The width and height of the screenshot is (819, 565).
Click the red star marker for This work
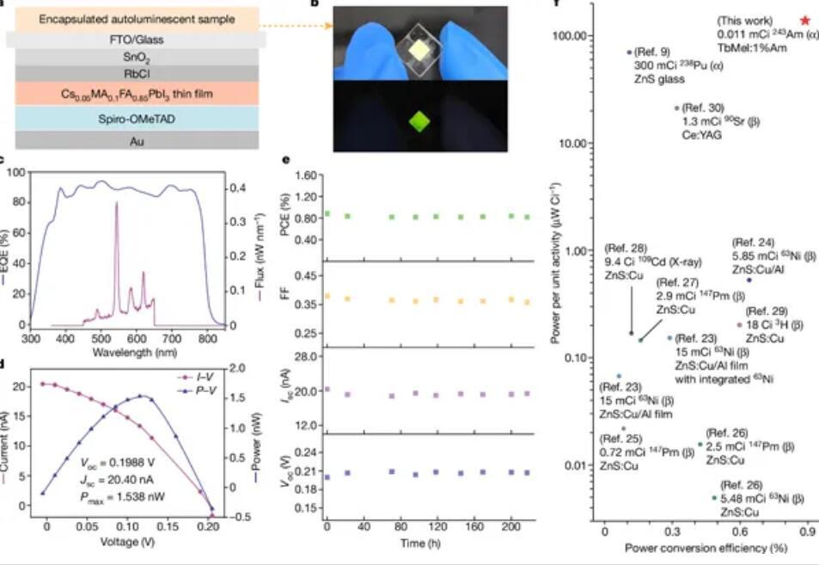(x=804, y=20)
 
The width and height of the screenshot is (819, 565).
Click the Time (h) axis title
(x=422, y=544)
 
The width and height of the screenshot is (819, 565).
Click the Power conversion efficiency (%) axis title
(x=694, y=548)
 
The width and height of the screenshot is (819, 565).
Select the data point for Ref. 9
(x=629, y=52)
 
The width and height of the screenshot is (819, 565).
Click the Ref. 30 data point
(x=677, y=108)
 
